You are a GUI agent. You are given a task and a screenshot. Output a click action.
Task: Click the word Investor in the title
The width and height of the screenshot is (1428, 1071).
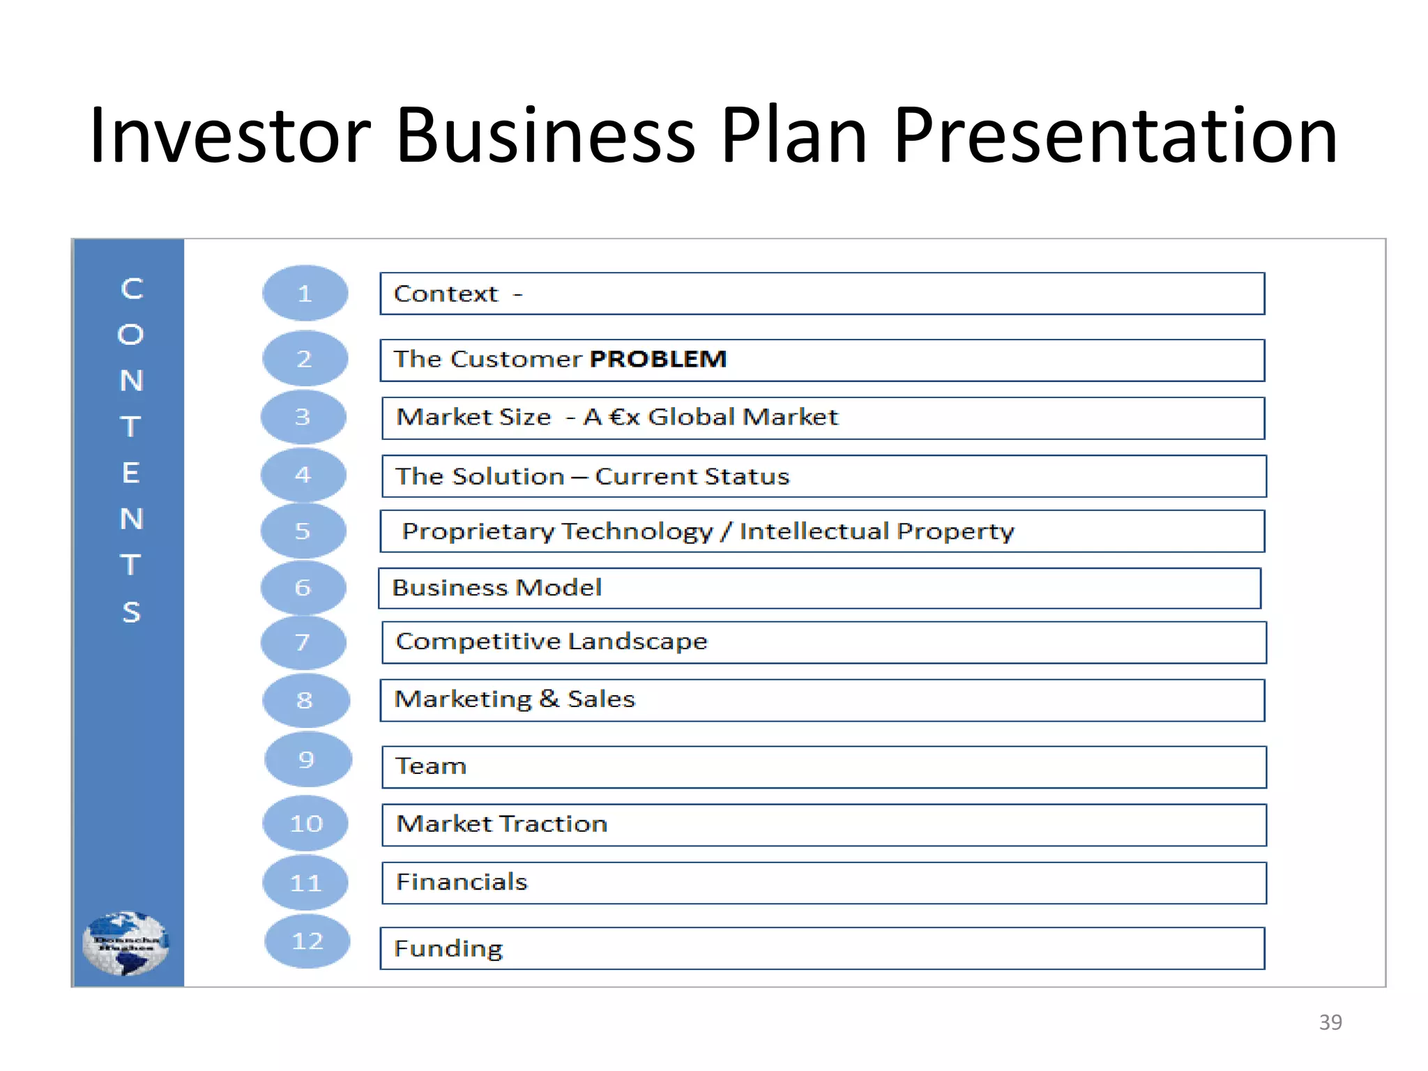coord(230,135)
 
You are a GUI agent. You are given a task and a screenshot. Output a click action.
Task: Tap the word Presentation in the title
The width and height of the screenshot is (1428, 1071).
coord(1115,135)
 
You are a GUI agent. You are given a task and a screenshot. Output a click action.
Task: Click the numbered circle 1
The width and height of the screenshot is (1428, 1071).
coord(305,294)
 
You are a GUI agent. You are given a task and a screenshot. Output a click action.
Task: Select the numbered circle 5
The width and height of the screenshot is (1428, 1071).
coord(303,531)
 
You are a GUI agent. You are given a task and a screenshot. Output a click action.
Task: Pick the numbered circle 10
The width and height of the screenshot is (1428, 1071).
coord(305,824)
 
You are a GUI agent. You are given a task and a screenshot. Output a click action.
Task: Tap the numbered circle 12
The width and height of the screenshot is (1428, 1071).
coord(307,941)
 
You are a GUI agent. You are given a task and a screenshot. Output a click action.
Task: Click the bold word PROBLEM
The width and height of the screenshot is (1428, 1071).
coord(658,359)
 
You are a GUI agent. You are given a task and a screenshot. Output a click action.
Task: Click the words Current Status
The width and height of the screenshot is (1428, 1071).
coord(692,476)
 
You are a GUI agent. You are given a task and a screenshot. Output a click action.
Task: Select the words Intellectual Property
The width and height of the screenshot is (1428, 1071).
coord(876,531)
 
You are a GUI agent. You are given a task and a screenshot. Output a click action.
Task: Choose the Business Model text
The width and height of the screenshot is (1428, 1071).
coord(496,588)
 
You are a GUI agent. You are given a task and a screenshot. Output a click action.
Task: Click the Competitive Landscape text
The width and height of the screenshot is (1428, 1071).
coord(551,641)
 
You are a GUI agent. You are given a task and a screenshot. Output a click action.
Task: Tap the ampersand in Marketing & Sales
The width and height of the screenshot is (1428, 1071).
coord(549,699)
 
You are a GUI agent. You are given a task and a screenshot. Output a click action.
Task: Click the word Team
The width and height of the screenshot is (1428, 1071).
coord(430,766)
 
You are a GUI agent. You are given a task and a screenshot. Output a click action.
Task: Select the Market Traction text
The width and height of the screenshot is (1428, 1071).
coord(501,824)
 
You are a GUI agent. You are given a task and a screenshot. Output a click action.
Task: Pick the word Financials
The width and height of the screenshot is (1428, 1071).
coord(462,882)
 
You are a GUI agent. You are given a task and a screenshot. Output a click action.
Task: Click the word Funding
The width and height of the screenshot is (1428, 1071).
coord(448,948)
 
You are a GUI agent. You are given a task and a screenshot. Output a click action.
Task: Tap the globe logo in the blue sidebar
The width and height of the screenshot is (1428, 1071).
coord(126,943)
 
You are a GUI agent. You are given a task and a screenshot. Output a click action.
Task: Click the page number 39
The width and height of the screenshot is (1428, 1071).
coord(1330,1022)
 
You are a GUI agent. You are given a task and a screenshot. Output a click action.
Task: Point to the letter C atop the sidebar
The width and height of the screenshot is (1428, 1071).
coord(131,289)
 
